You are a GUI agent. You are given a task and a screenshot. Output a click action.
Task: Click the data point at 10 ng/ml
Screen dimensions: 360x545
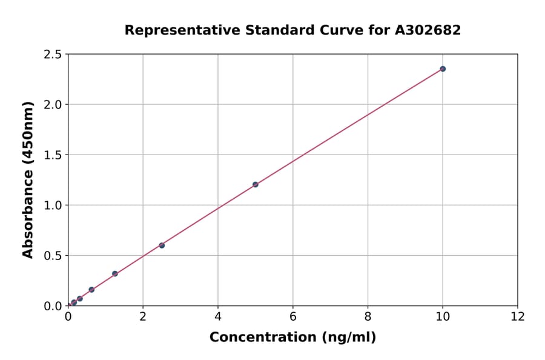pos(443,68)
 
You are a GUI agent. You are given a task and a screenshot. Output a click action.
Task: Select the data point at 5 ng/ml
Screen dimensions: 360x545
pos(255,184)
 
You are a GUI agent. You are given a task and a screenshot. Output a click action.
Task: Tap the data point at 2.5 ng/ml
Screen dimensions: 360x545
pos(162,245)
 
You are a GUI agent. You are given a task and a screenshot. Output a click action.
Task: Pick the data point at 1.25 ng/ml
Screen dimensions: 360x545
pos(115,273)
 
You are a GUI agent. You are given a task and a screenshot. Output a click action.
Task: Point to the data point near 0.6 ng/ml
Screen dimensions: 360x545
pos(91,290)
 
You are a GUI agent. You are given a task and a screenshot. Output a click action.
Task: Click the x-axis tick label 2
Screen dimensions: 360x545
pos(143,316)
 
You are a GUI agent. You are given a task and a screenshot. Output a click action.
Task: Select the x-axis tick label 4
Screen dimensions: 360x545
pos(218,316)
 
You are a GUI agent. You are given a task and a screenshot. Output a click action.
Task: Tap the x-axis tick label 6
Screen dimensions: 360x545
pos(293,316)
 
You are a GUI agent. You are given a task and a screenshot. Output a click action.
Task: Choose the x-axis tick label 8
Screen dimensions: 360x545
pos(368,316)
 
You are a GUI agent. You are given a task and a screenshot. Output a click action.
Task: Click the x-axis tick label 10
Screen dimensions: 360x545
pos(443,316)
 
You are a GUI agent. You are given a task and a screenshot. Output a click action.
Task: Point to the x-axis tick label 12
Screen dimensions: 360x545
pos(518,316)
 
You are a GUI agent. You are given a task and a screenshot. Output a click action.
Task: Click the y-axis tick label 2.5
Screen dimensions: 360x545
pos(53,55)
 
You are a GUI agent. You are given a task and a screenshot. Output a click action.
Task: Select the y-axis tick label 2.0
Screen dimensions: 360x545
pos(53,105)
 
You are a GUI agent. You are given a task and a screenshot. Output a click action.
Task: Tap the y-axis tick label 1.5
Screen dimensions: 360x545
pos(53,155)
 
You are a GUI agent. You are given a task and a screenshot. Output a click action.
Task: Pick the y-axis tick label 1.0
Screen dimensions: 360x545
pos(53,205)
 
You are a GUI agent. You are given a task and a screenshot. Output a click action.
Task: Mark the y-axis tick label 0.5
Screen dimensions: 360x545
pos(53,256)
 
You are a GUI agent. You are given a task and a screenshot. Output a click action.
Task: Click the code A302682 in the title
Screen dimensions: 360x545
pos(428,30)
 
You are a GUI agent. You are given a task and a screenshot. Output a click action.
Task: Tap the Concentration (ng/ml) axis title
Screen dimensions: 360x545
pos(292,338)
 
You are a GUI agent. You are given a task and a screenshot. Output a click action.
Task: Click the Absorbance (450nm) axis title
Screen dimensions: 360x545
pos(28,179)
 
